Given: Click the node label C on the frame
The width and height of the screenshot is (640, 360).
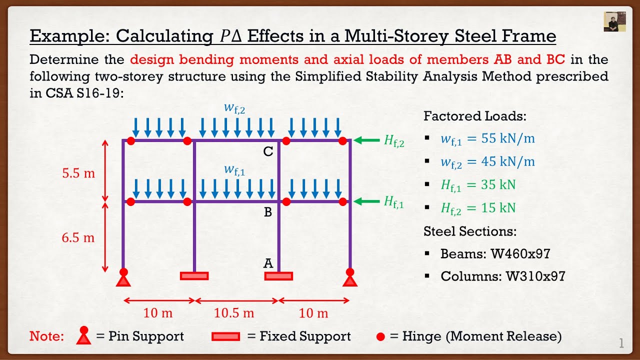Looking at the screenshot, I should pyautogui.click(x=268, y=151).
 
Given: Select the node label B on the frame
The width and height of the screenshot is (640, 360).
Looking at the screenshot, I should pyautogui.click(x=268, y=212).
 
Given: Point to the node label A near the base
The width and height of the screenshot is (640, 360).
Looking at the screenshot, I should pyautogui.click(x=268, y=263).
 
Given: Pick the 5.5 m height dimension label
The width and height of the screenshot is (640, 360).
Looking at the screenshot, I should pyautogui.click(x=78, y=173).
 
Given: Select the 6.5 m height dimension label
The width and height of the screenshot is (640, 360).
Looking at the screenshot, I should pyautogui.click(x=78, y=237).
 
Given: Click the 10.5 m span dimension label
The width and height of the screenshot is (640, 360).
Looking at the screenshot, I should pyautogui.click(x=234, y=313).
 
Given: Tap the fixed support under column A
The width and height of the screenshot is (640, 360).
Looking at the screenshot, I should pyautogui.click(x=278, y=276).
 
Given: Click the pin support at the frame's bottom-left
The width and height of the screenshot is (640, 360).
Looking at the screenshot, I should pyautogui.click(x=123, y=278).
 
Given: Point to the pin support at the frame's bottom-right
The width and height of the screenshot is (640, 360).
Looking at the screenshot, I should pyautogui.click(x=350, y=278).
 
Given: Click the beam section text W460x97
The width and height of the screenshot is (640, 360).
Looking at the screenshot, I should pyautogui.click(x=520, y=253).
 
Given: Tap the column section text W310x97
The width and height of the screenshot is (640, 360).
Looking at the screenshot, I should pyautogui.click(x=527, y=276).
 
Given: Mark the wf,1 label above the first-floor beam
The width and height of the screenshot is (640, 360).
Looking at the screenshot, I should pyautogui.click(x=234, y=170).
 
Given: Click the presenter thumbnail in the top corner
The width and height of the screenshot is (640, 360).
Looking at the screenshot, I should pyautogui.click(x=614, y=21).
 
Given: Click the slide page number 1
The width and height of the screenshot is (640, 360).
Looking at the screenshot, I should pyautogui.click(x=621, y=343).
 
